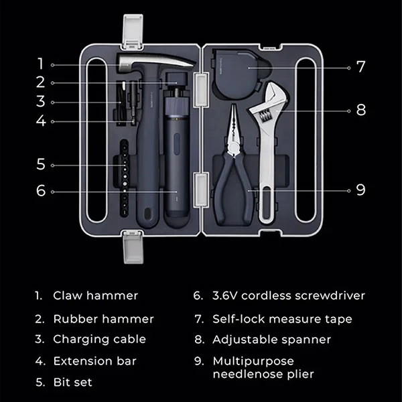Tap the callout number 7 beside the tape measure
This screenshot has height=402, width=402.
click(x=361, y=67)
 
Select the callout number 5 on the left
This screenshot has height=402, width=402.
click(x=41, y=164)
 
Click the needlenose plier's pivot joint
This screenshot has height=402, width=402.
click(x=234, y=148)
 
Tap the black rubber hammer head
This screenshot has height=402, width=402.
click(x=176, y=79)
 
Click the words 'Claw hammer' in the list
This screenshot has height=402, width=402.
click(x=95, y=295)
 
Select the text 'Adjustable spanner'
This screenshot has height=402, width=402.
click(x=271, y=340)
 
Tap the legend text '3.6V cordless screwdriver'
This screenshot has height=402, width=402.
click(x=288, y=295)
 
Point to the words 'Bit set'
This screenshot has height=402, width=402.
click(x=72, y=382)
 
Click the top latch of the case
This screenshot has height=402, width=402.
click(x=133, y=31)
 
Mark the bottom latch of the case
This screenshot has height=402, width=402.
click(x=133, y=247)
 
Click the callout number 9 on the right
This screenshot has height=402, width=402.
click(x=360, y=190)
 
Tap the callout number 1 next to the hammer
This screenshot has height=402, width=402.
click(x=40, y=64)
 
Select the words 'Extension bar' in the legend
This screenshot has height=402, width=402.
click(x=94, y=361)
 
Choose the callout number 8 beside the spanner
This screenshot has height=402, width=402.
click(x=361, y=110)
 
